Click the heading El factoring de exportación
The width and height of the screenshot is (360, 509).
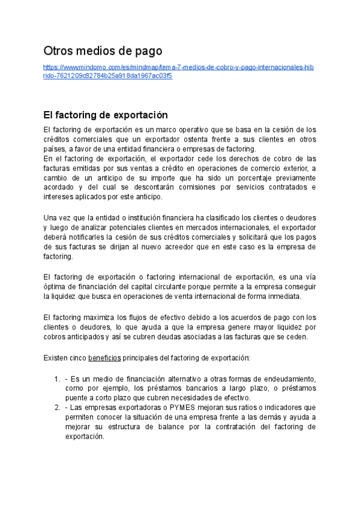[x=106, y=115]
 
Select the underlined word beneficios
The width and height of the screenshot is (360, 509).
[x=105, y=358]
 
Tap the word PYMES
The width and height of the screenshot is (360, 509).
[x=182, y=407]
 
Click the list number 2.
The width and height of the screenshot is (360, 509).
[x=56, y=407]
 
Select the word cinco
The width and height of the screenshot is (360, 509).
[x=76, y=358]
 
